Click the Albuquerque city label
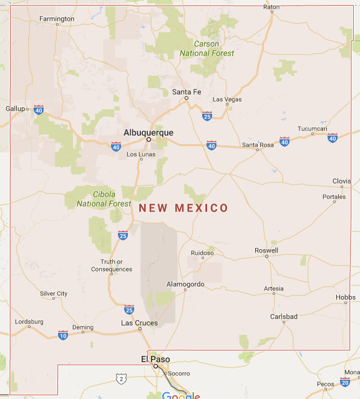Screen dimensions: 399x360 tap(148, 132)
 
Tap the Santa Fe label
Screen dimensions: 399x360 tap(187, 92)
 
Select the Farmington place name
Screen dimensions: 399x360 tap(57, 19)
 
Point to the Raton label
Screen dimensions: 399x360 tap(271, 7)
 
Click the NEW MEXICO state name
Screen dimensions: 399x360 tap(183, 208)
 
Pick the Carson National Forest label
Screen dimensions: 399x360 tap(207, 49)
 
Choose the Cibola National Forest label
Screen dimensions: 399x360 tap(104, 199)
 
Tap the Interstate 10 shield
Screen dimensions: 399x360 tap(63, 335)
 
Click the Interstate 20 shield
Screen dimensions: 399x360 tap(345, 382)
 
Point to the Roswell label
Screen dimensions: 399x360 tap(266, 250)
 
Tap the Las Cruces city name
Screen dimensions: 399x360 tap(139, 323)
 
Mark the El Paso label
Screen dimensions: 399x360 tap(155, 359)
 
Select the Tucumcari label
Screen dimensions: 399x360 tap(312, 129)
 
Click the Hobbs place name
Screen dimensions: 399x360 tap(345, 297)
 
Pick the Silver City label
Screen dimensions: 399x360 tap(54, 293)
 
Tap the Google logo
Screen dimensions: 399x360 tap(181, 395)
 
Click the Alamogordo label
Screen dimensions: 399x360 tap(185, 284)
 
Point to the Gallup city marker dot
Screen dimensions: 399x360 tap(27, 109)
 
